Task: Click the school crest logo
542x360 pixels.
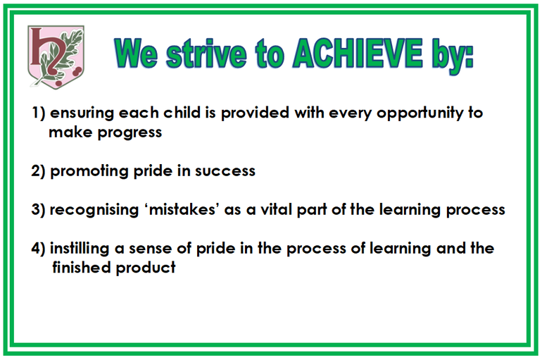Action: [56, 57]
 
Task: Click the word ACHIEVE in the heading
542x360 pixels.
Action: [358, 54]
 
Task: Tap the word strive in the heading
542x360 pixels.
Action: [206, 54]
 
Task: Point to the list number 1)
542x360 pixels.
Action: [39, 113]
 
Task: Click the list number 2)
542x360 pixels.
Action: [38, 170]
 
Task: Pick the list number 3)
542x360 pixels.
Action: [38, 209]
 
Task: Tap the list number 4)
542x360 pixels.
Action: [38, 248]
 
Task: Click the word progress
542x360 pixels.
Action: [130, 133]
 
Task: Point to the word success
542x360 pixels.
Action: [225, 171]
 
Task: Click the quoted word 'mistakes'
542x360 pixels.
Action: [182, 209]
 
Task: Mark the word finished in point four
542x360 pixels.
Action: [81, 268]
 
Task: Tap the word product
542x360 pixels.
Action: [146, 268]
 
